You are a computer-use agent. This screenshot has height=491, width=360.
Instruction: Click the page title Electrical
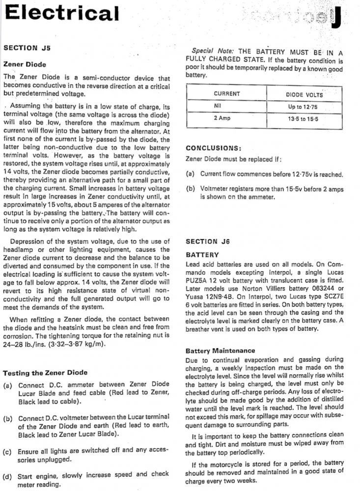(x=61, y=14)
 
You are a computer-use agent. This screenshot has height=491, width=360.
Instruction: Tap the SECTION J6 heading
(x=208, y=242)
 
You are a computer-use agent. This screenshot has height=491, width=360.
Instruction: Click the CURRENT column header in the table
(x=227, y=94)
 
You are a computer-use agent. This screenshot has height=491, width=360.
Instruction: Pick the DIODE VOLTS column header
(x=305, y=94)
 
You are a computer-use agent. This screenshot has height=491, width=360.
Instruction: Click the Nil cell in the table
(x=219, y=106)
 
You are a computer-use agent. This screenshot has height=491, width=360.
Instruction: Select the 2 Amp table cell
(x=222, y=118)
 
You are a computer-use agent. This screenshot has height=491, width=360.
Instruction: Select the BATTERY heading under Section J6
(x=202, y=255)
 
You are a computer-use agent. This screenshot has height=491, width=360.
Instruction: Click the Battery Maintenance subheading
(x=220, y=351)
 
